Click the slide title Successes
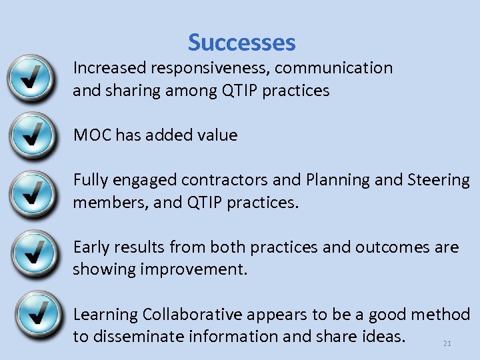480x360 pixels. pyautogui.click(x=241, y=43)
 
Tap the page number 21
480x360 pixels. pyautogui.click(x=447, y=343)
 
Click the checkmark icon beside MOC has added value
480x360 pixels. pyautogui.click(x=31, y=135)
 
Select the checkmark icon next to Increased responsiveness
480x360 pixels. pyautogui.click(x=31, y=78)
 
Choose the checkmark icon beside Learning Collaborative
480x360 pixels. pyautogui.click(x=31, y=313)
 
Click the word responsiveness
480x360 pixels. pyautogui.click(x=210, y=68)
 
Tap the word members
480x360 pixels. pyautogui.click(x=109, y=203)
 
